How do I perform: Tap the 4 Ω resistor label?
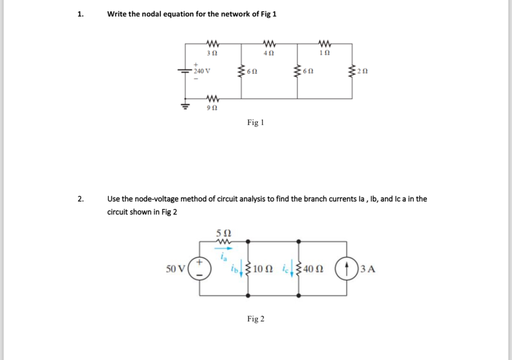click(x=269, y=53)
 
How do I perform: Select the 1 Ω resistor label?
click(x=324, y=53)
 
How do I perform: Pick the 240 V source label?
click(x=203, y=71)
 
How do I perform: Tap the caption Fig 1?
click(x=256, y=122)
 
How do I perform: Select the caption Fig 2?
click(x=256, y=319)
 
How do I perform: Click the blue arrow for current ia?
click(x=224, y=248)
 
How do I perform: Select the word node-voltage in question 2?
click(x=151, y=199)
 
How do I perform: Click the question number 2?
click(x=80, y=199)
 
